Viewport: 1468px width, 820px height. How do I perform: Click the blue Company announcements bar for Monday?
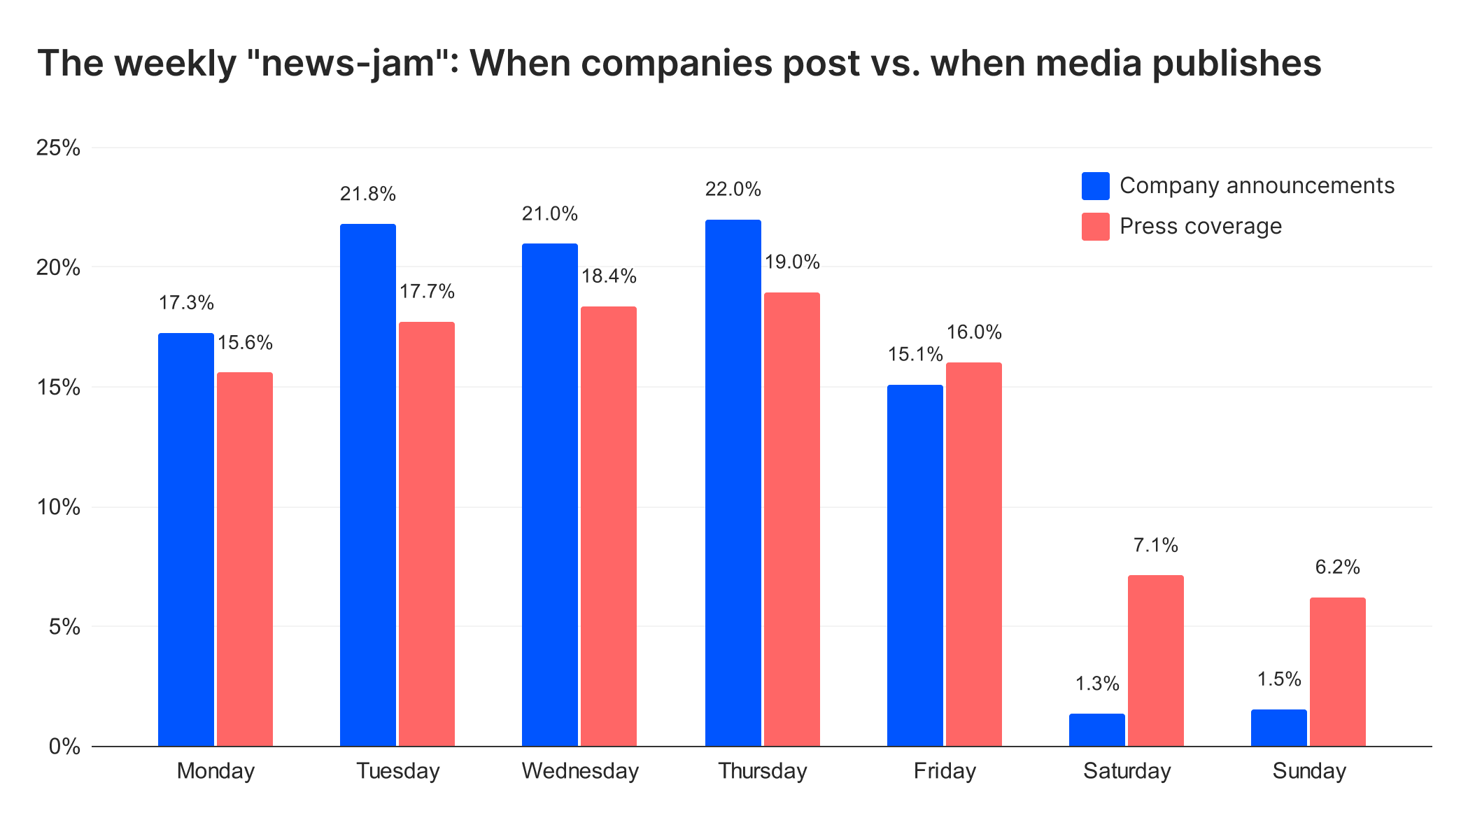pyautogui.click(x=186, y=539)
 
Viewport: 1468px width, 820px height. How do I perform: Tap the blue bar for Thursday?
pyautogui.click(x=733, y=483)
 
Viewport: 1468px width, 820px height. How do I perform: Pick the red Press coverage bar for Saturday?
pyautogui.click(x=1156, y=660)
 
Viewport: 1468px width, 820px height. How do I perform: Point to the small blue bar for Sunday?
pyautogui.click(x=1279, y=728)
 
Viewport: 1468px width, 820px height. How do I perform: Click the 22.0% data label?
pyautogui.click(x=733, y=190)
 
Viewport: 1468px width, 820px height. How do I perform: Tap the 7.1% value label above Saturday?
pyautogui.click(x=1156, y=545)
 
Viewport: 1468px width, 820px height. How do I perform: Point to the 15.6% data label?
pyautogui.click(x=245, y=343)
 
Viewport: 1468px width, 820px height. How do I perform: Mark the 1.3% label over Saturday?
pyautogui.click(x=1097, y=684)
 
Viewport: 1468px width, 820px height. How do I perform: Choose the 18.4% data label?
pyautogui.click(x=609, y=276)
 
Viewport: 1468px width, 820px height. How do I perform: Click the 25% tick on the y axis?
pyautogui.click(x=58, y=148)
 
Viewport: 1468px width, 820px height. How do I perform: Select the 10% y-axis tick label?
pyautogui.click(x=58, y=507)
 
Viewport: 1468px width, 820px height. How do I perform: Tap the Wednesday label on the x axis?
pyautogui.click(x=580, y=771)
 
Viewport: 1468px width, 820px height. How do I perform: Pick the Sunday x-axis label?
pyautogui.click(x=1309, y=771)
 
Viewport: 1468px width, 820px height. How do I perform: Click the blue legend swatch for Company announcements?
pyautogui.click(x=1096, y=186)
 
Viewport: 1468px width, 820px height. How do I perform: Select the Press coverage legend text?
pyautogui.click(x=1201, y=226)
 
